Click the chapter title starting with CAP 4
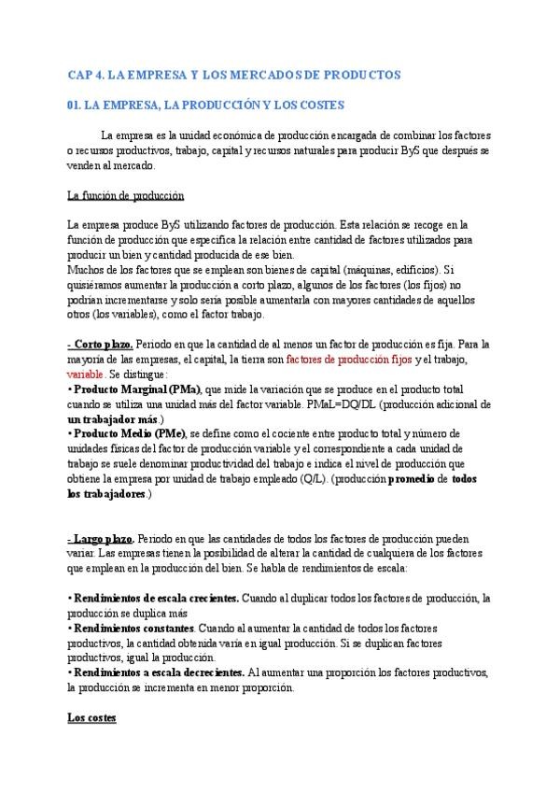coord(234,74)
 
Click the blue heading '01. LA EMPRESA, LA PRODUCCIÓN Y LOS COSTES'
coord(206,106)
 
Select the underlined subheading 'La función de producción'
coord(126,195)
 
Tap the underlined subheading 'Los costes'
coord(91,717)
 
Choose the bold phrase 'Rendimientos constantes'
coord(127,628)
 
